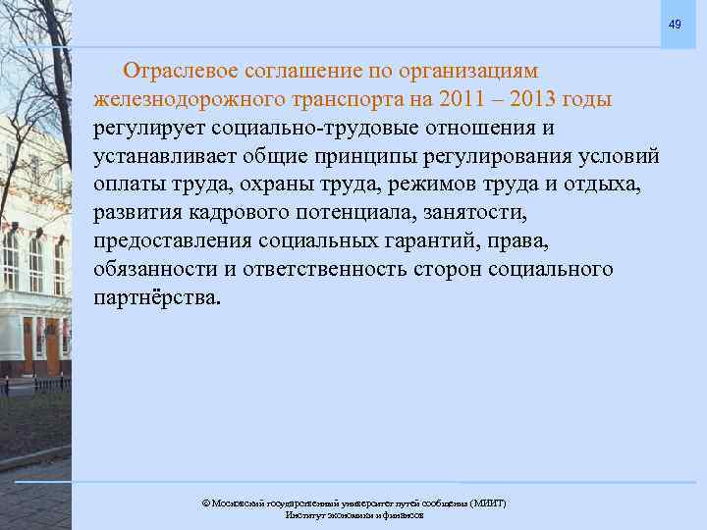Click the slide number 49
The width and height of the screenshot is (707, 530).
pos(675,24)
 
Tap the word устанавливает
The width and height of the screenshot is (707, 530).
pos(167,157)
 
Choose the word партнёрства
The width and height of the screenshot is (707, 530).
pos(157,297)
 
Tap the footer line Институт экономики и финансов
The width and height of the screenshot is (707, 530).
pos(354,514)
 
